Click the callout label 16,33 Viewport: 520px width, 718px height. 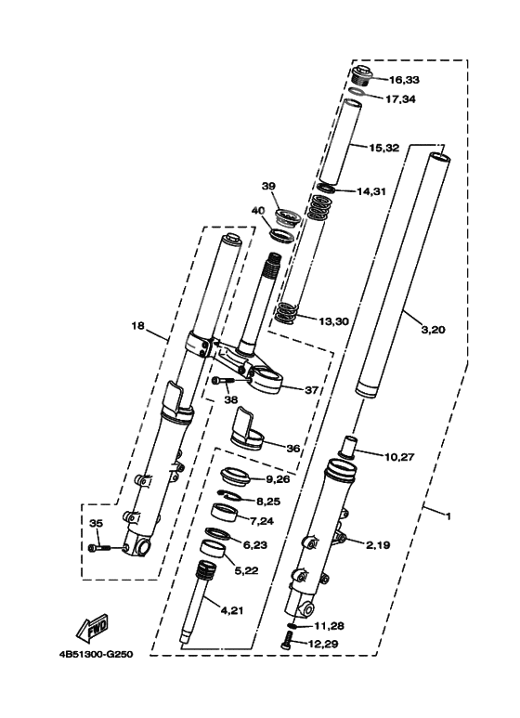click(404, 80)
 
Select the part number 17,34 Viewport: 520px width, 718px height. click(400, 98)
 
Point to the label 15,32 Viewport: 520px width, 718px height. click(384, 148)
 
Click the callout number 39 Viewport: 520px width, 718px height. click(268, 186)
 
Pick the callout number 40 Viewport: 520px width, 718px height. click(258, 210)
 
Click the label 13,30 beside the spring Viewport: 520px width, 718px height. click(333, 321)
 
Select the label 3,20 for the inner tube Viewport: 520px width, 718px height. click(433, 330)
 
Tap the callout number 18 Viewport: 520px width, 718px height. click(137, 326)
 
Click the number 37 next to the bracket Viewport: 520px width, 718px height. click(311, 390)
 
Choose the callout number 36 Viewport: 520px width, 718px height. click(292, 449)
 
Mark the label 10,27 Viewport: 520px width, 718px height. click(399, 457)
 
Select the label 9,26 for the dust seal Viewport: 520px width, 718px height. click(278, 479)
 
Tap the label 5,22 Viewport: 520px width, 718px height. click(246, 570)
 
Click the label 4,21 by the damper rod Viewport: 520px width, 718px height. click(232, 610)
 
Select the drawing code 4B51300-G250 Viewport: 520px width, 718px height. click(96, 654)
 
